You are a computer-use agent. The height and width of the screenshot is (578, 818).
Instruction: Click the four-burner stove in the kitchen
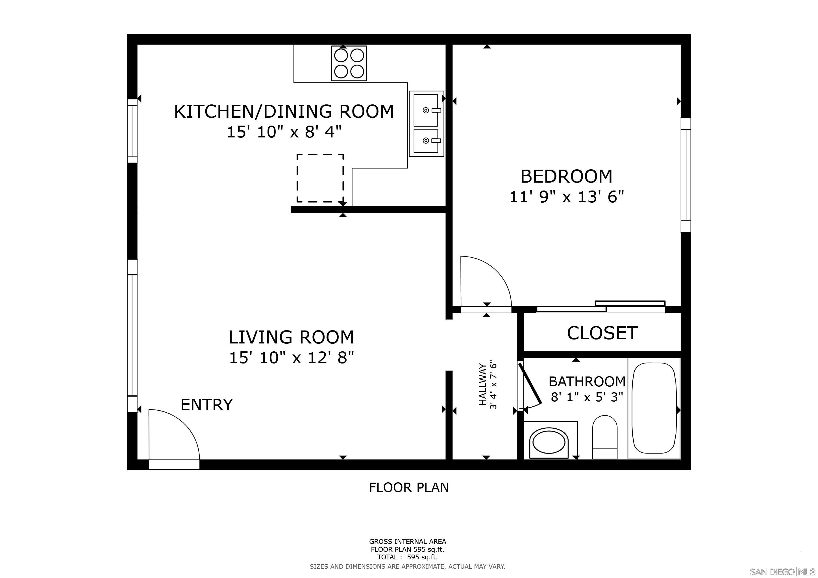coord(349,63)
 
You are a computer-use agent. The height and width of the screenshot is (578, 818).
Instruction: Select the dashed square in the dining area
coord(320,178)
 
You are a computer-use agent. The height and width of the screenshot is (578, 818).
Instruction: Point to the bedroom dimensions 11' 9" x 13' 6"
coord(567,196)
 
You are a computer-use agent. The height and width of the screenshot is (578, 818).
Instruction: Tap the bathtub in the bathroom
coord(654,408)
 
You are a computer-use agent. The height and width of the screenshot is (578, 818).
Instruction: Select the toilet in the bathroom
coord(604,437)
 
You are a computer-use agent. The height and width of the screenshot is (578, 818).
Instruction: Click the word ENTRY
coord(207,405)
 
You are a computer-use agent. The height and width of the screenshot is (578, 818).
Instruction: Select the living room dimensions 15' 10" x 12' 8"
coord(291,358)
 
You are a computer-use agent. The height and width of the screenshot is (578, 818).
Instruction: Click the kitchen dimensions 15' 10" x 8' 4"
coord(284,132)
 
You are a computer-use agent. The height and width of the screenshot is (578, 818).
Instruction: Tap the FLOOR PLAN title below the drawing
coord(409,487)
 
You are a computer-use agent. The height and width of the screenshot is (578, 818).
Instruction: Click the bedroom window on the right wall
coord(686,175)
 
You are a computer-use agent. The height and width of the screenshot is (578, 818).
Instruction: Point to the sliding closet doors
coord(601,307)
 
